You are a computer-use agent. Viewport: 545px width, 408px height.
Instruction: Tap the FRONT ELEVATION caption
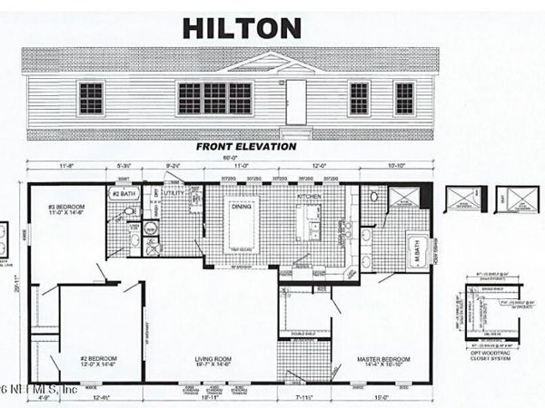click(x=246, y=145)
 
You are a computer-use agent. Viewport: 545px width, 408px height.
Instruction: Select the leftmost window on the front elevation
click(x=91, y=98)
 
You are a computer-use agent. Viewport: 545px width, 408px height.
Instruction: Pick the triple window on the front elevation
click(x=214, y=98)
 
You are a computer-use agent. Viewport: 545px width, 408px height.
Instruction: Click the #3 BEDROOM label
click(x=64, y=209)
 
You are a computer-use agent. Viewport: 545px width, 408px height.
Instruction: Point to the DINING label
click(x=241, y=207)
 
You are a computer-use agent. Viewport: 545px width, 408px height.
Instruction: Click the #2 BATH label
click(x=124, y=195)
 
